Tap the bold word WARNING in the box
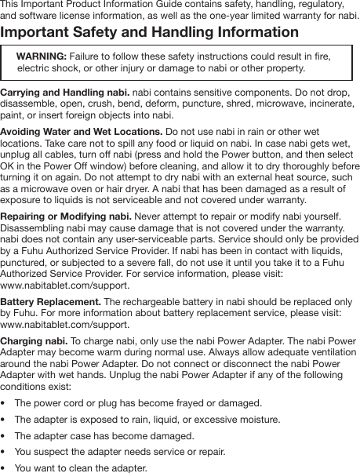click(x=42, y=56)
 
